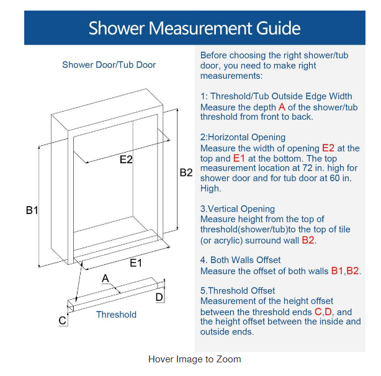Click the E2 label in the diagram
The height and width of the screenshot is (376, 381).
[x=126, y=159]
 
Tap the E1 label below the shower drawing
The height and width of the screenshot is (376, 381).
[x=136, y=263]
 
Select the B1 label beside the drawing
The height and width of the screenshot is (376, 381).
[x=32, y=210]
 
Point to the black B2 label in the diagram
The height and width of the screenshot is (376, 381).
[x=186, y=172]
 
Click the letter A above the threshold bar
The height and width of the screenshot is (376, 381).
[x=105, y=279]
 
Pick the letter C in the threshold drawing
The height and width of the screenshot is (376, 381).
[x=63, y=320]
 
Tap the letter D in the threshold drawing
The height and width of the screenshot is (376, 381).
[x=159, y=297]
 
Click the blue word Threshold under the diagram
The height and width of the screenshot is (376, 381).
[x=116, y=315]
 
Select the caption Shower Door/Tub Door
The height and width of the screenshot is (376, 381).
[x=109, y=65]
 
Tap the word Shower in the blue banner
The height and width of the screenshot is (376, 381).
[x=117, y=28]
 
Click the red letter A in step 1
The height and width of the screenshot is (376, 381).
[x=282, y=107]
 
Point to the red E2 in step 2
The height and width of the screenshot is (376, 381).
[x=328, y=148]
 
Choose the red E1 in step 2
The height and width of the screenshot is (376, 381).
[x=239, y=158]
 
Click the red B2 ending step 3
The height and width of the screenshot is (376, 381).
[x=308, y=240]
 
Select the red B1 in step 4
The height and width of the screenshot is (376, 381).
[x=338, y=271]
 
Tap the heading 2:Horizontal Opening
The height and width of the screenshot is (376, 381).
[x=243, y=137]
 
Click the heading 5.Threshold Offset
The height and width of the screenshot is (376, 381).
[x=238, y=291]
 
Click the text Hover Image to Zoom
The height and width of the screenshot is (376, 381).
[x=195, y=359]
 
